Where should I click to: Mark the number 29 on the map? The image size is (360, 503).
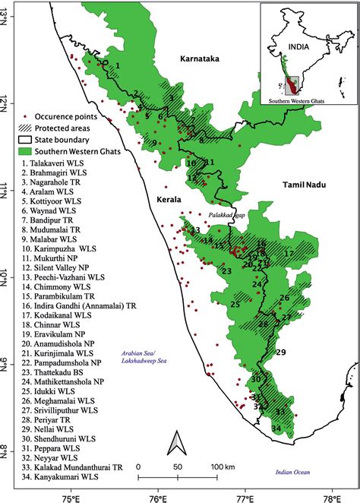point(280,353)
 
